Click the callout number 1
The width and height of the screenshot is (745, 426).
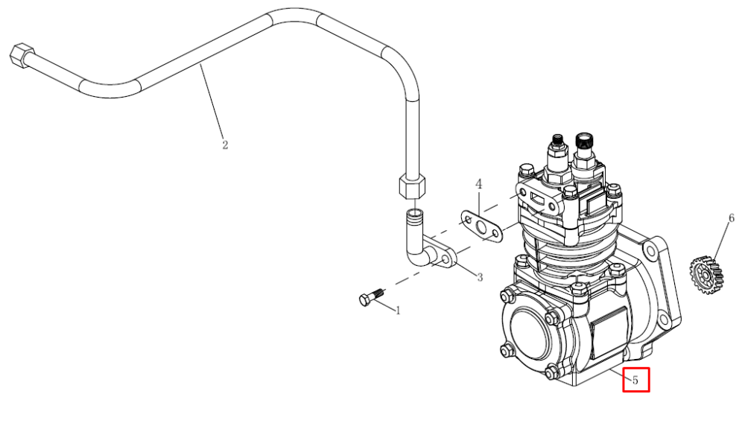point(398,311)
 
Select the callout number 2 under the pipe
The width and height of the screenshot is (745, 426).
point(225,144)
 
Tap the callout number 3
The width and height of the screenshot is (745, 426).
point(480,277)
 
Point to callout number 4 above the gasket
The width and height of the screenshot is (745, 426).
point(479,184)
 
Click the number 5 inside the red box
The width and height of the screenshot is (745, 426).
point(635,381)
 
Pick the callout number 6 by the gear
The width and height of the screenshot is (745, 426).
point(732,218)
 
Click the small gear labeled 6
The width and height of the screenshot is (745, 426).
point(706,275)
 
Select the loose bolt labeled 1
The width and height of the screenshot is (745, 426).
point(371,297)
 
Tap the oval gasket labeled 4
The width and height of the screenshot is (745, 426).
point(482,226)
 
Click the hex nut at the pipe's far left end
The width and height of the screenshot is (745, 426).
point(22,54)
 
